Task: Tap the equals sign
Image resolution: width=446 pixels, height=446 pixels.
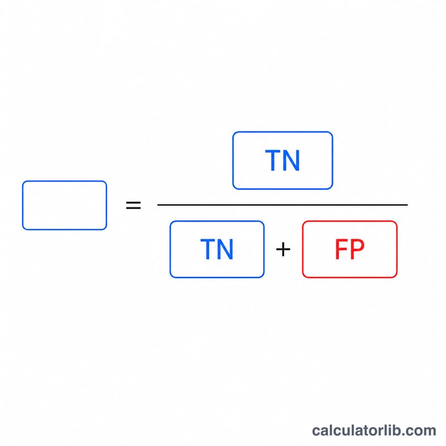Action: [133, 205]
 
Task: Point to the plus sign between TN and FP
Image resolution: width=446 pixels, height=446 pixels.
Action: [283, 249]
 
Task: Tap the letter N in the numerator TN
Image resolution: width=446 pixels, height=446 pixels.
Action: [291, 161]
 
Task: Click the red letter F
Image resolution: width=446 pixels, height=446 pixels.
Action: [341, 249]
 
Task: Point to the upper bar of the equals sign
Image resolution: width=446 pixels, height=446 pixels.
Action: [133, 202]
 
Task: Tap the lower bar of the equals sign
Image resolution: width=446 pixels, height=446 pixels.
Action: [133, 208]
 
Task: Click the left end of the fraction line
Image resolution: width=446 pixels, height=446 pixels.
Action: [158, 205]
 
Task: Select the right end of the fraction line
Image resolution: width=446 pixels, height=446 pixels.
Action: [408, 205]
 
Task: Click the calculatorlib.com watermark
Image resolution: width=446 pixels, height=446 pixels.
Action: [374, 430]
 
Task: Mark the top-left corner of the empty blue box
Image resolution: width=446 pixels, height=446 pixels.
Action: [23, 181]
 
